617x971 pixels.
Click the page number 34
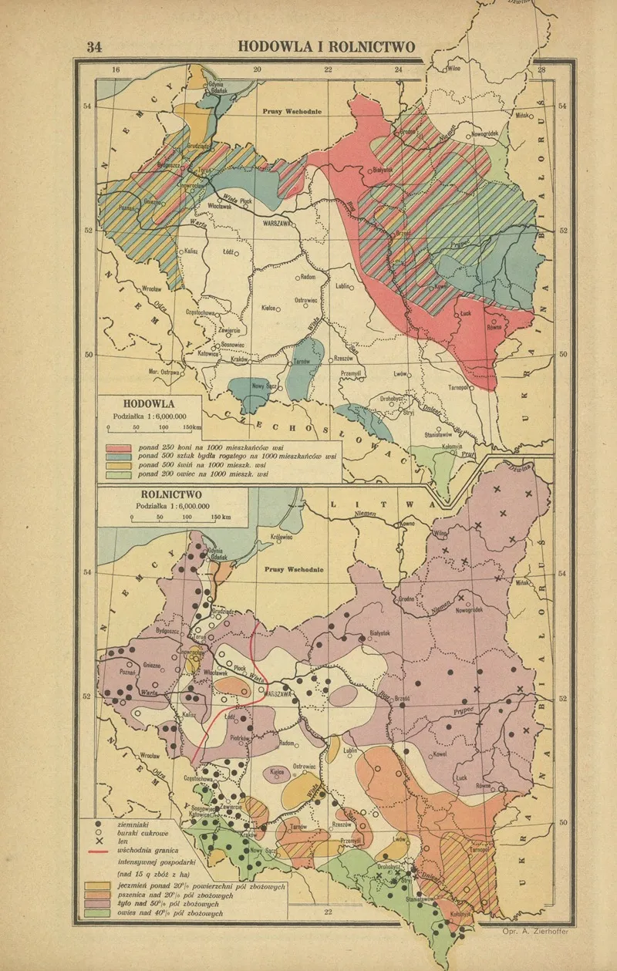93,46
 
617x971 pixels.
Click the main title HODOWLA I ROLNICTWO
326,46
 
